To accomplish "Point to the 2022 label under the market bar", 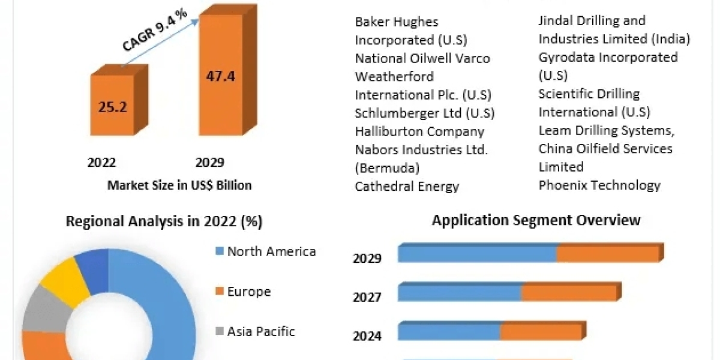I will click(x=102, y=162).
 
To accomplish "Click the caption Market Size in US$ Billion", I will click(x=179, y=185).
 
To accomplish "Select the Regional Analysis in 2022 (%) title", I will click(x=164, y=221).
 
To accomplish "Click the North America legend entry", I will click(x=271, y=251).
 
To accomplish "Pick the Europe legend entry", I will click(x=248, y=292).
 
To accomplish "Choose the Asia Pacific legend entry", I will click(x=260, y=331).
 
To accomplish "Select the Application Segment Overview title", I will click(x=536, y=220).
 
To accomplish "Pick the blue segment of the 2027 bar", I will click(x=459, y=293).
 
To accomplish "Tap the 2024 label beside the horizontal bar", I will click(x=367, y=336).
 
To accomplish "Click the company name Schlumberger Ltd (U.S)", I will click(x=424, y=113).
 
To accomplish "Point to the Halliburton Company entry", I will click(x=419, y=131).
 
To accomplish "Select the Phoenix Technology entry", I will click(x=599, y=185).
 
